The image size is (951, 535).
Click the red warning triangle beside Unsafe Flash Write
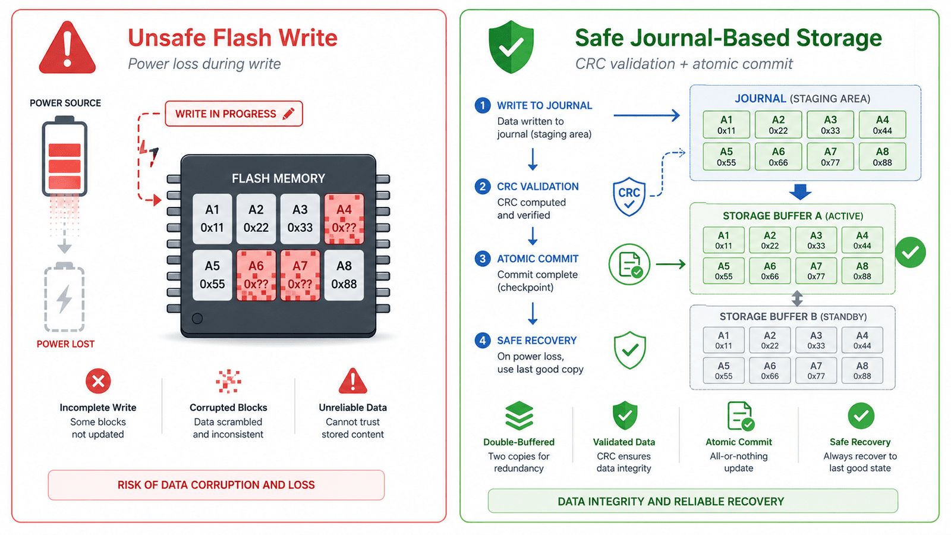click(x=67, y=48)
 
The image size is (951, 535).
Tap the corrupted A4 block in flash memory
click(x=344, y=219)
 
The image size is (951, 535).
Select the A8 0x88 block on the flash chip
click(x=344, y=275)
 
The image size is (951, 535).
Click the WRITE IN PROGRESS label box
click(x=234, y=114)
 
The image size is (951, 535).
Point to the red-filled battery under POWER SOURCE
click(x=65, y=156)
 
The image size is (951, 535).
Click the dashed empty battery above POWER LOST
click(x=65, y=297)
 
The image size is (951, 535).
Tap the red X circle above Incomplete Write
click(x=98, y=381)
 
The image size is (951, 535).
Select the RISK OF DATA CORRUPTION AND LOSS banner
click(x=216, y=485)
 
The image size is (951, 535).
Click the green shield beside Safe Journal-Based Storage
click(x=511, y=47)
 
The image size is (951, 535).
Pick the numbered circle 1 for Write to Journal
click(x=482, y=105)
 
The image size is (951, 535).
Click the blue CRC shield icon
click(x=629, y=197)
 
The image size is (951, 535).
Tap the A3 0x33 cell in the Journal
click(x=830, y=125)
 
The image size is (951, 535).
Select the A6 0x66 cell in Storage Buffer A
click(x=770, y=271)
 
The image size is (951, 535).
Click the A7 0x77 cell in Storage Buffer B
click(x=816, y=370)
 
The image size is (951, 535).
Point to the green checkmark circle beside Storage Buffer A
click(x=910, y=252)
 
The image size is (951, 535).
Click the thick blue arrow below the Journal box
click(x=800, y=192)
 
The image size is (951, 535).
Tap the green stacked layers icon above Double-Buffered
click(x=519, y=416)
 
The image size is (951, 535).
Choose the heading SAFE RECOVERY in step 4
click(x=537, y=341)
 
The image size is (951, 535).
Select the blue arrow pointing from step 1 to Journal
click(x=647, y=115)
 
